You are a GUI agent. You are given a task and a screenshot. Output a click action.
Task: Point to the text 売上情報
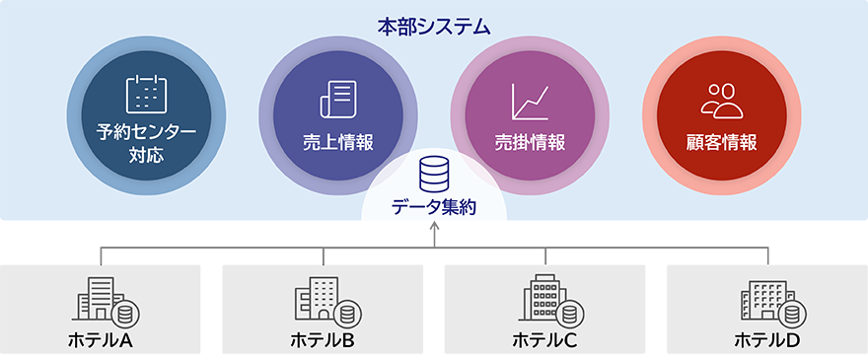pos(338,142)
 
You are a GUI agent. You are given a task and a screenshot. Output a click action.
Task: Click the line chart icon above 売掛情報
pos(530,101)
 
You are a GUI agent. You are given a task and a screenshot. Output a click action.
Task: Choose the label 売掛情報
pos(530,142)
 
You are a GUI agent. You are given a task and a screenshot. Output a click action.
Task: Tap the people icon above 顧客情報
pos(721,100)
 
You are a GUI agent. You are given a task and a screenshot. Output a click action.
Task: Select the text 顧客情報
pos(721,142)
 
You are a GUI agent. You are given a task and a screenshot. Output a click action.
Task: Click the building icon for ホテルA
pos(105,299)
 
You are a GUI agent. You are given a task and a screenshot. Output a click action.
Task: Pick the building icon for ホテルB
pos(325,300)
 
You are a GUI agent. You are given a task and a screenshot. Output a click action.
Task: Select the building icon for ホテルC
pos(548,299)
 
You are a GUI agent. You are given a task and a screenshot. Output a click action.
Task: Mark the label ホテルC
pos(544,341)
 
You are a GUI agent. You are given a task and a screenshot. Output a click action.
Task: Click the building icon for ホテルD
pos(770,300)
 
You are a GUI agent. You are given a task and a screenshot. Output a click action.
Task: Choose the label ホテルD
pos(767,341)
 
